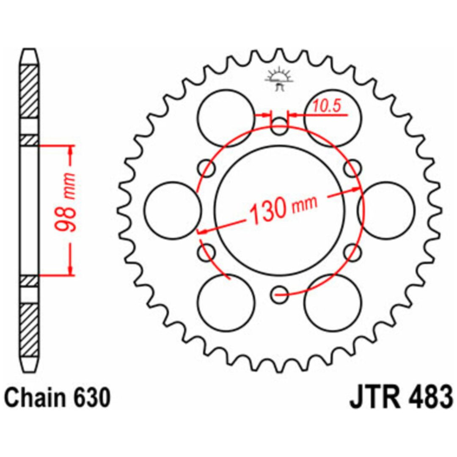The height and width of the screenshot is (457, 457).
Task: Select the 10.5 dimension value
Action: pos(327,106)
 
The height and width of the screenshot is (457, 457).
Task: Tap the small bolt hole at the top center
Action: pos(279,127)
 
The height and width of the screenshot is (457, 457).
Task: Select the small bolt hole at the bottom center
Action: pos(279,295)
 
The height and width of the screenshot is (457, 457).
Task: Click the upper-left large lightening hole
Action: pos(226,118)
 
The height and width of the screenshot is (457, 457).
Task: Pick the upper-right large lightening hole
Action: pos(333,118)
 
